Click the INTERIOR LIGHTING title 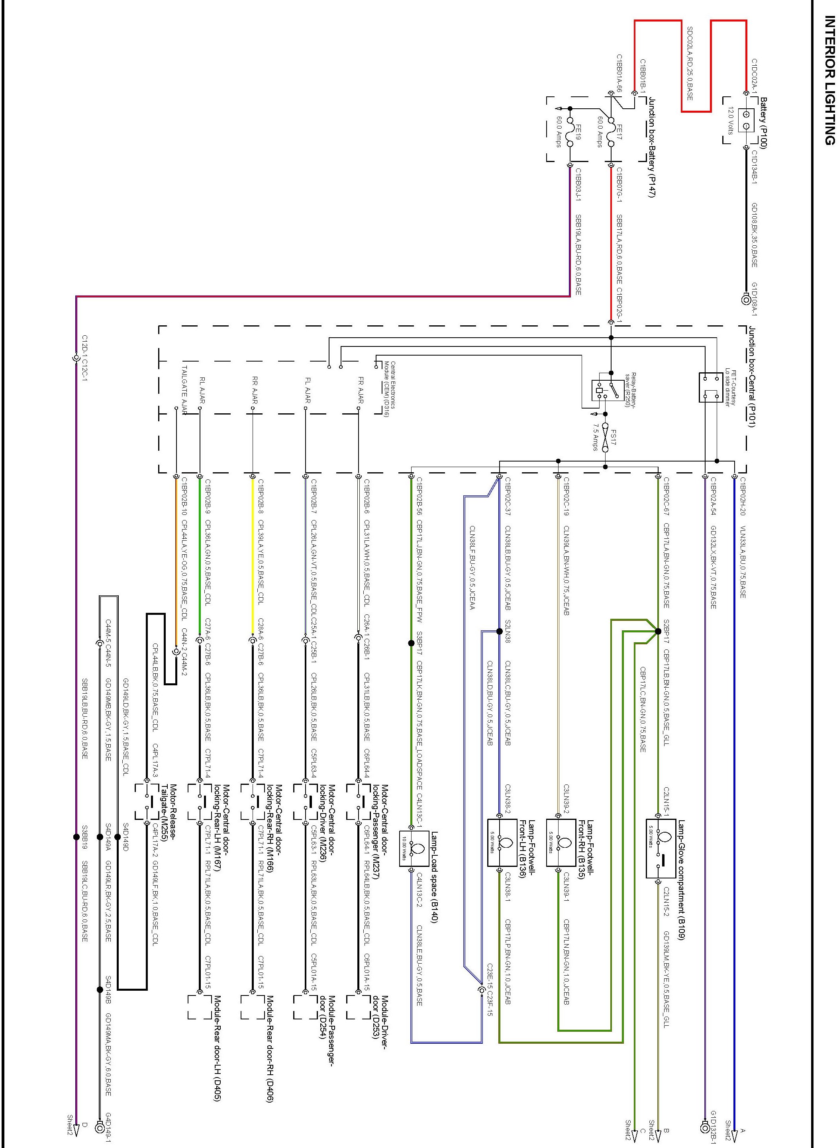coord(829,81)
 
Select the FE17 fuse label coord(619,133)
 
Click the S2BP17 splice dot coord(658,632)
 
